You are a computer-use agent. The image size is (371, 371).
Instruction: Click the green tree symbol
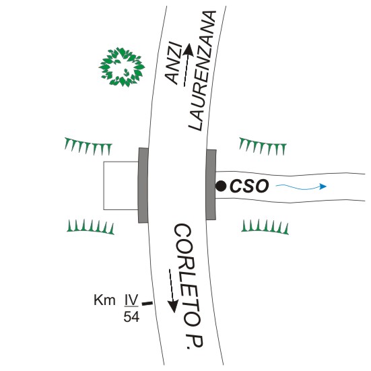click(x=122, y=67)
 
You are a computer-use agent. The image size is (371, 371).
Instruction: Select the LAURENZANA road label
click(x=202, y=71)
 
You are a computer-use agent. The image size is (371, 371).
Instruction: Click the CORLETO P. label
click(x=189, y=286)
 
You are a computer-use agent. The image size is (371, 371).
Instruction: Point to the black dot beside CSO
click(x=221, y=186)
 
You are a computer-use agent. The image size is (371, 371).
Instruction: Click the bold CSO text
click(x=249, y=186)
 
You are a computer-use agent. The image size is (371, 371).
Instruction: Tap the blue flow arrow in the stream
click(x=301, y=187)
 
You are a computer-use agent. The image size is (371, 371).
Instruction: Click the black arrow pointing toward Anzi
click(x=188, y=65)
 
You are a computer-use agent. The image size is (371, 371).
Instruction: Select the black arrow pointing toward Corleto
click(x=172, y=291)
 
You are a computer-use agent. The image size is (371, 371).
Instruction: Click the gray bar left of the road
click(x=143, y=185)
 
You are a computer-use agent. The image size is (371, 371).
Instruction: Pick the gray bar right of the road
click(x=211, y=184)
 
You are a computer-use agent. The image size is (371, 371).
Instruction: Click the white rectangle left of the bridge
click(x=121, y=186)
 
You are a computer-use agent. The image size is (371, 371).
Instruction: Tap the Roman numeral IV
click(x=131, y=300)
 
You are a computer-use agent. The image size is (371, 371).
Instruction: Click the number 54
click(x=131, y=316)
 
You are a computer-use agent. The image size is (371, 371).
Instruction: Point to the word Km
click(x=104, y=300)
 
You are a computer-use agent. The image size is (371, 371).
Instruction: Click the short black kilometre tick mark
click(x=147, y=303)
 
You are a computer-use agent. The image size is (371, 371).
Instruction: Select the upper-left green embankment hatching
click(x=88, y=146)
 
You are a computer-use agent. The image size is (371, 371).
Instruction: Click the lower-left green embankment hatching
click(x=91, y=227)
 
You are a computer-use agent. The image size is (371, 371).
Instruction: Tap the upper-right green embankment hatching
click(x=263, y=146)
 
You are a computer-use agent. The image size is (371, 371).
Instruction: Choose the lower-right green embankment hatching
click(x=265, y=227)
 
